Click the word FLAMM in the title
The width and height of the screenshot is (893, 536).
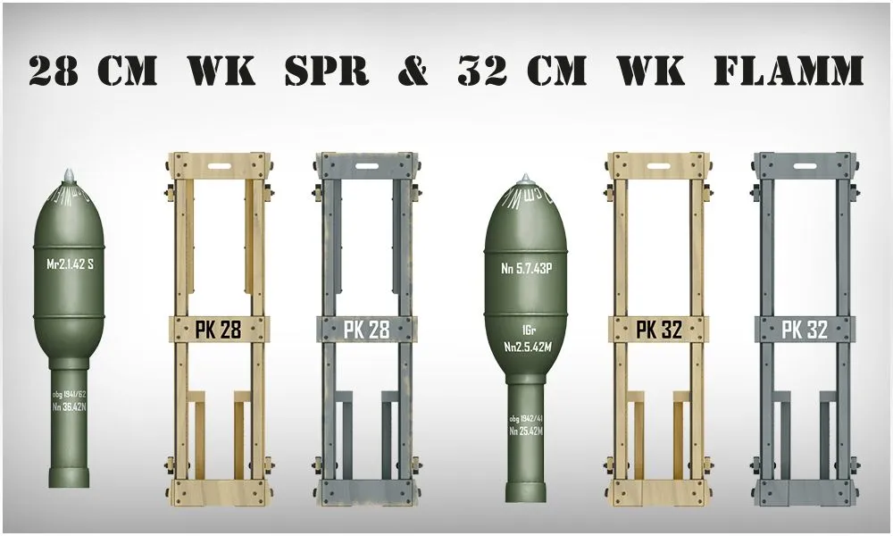coord(787,70)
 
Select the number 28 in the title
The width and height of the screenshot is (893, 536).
coord(54,70)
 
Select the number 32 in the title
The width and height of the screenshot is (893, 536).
coord(482,70)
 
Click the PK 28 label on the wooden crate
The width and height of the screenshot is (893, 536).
coord(218,330)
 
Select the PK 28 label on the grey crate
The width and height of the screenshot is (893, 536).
coord(366,330)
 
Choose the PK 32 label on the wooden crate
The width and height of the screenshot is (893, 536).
coord(659,330)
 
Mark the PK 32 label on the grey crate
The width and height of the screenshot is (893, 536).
coord(805,330)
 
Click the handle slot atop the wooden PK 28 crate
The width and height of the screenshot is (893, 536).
coord(220,165)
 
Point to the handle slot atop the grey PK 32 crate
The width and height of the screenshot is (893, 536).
coord(805,165)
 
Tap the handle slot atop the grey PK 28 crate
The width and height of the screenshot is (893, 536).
coord(366,165)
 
